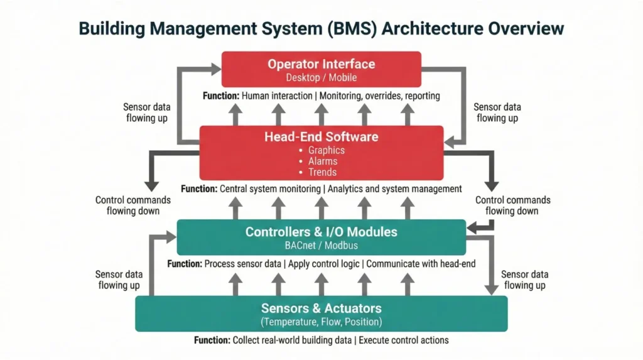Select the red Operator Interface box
[x=321, y=69]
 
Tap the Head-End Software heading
[x=321, y=136]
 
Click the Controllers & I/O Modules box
[x=321, y=237]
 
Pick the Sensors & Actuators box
[x=321, y=314]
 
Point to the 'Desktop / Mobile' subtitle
[x=321, y=78]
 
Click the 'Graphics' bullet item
[x=326, y=151]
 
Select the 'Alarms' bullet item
[x=322, y=161]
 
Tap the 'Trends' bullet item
[x=322, y=172]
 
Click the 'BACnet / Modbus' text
[x=321, y=245]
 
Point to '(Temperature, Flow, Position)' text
[x=321, y=322]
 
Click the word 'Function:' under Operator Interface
[x=220, y=96]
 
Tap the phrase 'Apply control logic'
[x=323, y=264]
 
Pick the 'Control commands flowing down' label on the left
[x=133, y=205]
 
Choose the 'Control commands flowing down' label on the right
[x=512, y=205]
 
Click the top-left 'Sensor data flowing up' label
[x=146, y=112]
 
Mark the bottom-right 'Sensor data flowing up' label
[x=524, y=280]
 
